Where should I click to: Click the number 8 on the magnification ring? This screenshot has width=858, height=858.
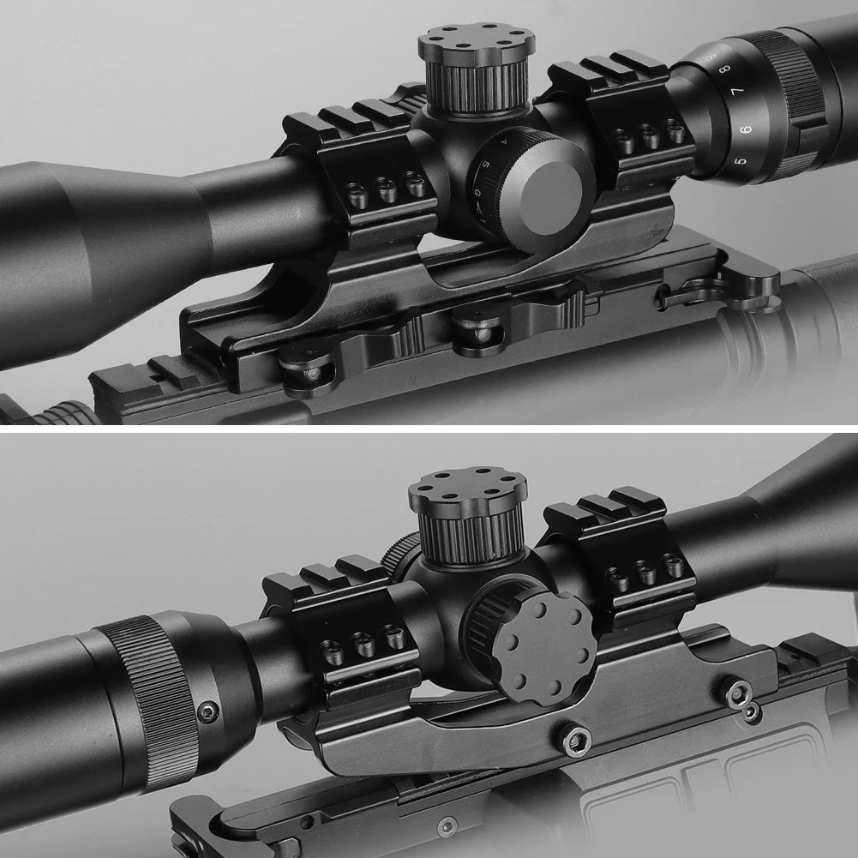pyautogui.click(x=725, y=69)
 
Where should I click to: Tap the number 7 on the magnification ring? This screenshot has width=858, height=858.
pyautogui.click(x=735, y=92)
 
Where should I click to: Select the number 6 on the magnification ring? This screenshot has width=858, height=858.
pyautogui.click(x=745, y=129)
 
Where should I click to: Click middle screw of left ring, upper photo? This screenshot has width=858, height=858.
pyautogui.click(x=387, y=191)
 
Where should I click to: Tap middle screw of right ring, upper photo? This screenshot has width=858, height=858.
pyautogui.click(x=650, y=136)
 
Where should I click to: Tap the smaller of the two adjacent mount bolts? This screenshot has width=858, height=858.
pyautogui.click(x=752, y=712)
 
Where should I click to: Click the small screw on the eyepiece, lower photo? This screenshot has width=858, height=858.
pyautogui.click(x=208, y=711)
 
